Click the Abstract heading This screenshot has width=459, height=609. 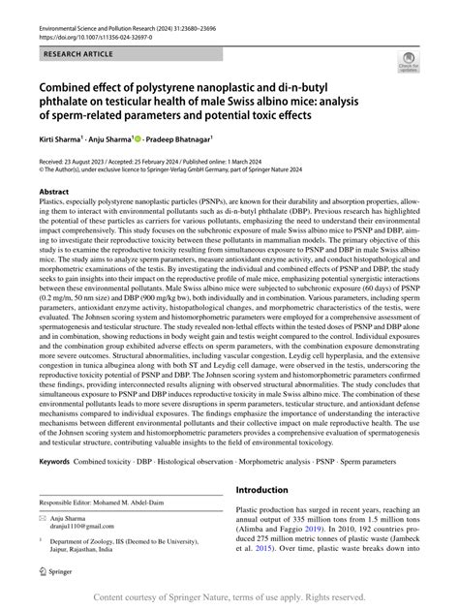(x=54, y=193)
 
